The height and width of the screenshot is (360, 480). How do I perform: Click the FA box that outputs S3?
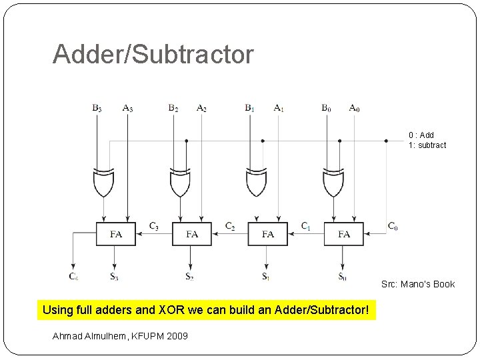pyautogui.click(x=116, y=233)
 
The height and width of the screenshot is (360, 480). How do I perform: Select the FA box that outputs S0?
pyautogui.click(x=343, y=233)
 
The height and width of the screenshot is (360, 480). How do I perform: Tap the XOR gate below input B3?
pyautogui.click(x=103, y=182)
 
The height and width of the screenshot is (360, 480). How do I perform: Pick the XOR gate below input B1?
pyautogui.click(x=257, y=182)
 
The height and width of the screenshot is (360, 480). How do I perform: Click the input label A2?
pyautogui.click(x=201, y=107)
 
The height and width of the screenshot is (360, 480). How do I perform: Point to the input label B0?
pyautogui.click(x=325, y=107)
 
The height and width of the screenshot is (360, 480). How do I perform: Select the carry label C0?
pyautogui.click(x=393, y=226)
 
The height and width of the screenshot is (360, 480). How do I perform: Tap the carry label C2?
pyautogui.click(x=230, y=226)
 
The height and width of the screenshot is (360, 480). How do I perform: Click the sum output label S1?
pyautogui.click(x=265, y=275)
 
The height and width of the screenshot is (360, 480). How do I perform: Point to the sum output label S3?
pyautogui.click(x=114, y=275)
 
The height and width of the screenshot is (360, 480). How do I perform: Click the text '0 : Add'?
pyautogui.click(x=421, y=135)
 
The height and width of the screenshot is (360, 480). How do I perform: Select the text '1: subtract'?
pyautogui.click(x=427, y=145)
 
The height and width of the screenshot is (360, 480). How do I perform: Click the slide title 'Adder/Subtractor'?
pyautogui.click(x=153, y=55)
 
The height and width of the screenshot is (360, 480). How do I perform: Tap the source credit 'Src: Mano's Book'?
pyautogui.click(x=418, y=284)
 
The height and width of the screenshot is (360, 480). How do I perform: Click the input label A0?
pyautogui.click(x=354, y=107)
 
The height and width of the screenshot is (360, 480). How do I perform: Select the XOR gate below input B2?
pyautogui.click(x=180, y=182)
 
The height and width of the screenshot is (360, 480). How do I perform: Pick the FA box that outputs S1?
pyautogui.click(x=268, y=233)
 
